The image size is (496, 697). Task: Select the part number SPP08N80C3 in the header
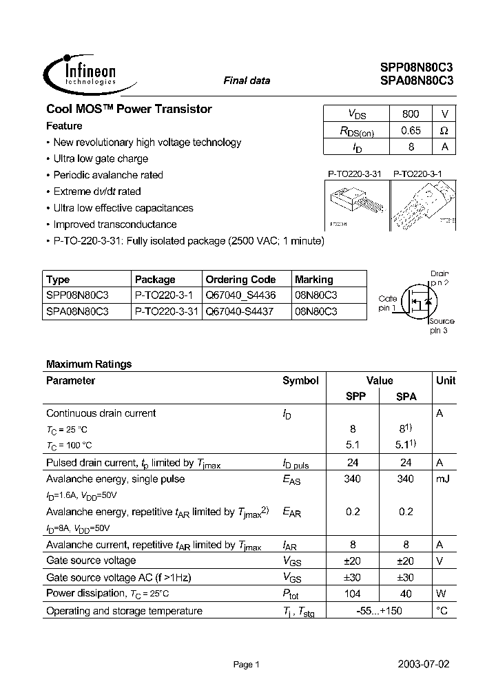tap(416, 67)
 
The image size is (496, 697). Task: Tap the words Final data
tap(247, 81)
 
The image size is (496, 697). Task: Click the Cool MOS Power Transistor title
tap(129, 109)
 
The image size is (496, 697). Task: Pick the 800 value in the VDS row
tap(409, 114)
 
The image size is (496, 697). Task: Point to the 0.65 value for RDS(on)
tap(409, 130)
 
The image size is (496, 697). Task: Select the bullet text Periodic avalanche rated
tap(108, 175)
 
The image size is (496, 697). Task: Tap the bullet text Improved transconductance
tap(115, 225)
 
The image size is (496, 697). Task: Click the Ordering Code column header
tap(240, 280)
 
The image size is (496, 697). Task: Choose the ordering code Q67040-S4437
tap(240, 311)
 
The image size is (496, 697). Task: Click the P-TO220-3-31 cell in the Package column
tap(166, 311)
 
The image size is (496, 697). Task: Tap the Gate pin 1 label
tap(387, 303)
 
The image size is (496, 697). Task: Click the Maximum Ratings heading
tap(89, 364)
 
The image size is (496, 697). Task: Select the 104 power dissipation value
tap(353, 594)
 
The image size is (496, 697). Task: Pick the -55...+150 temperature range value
tap(379, 611)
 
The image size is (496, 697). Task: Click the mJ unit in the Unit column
tap(442, 479)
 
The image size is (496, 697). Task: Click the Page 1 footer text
tap(246, 665)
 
